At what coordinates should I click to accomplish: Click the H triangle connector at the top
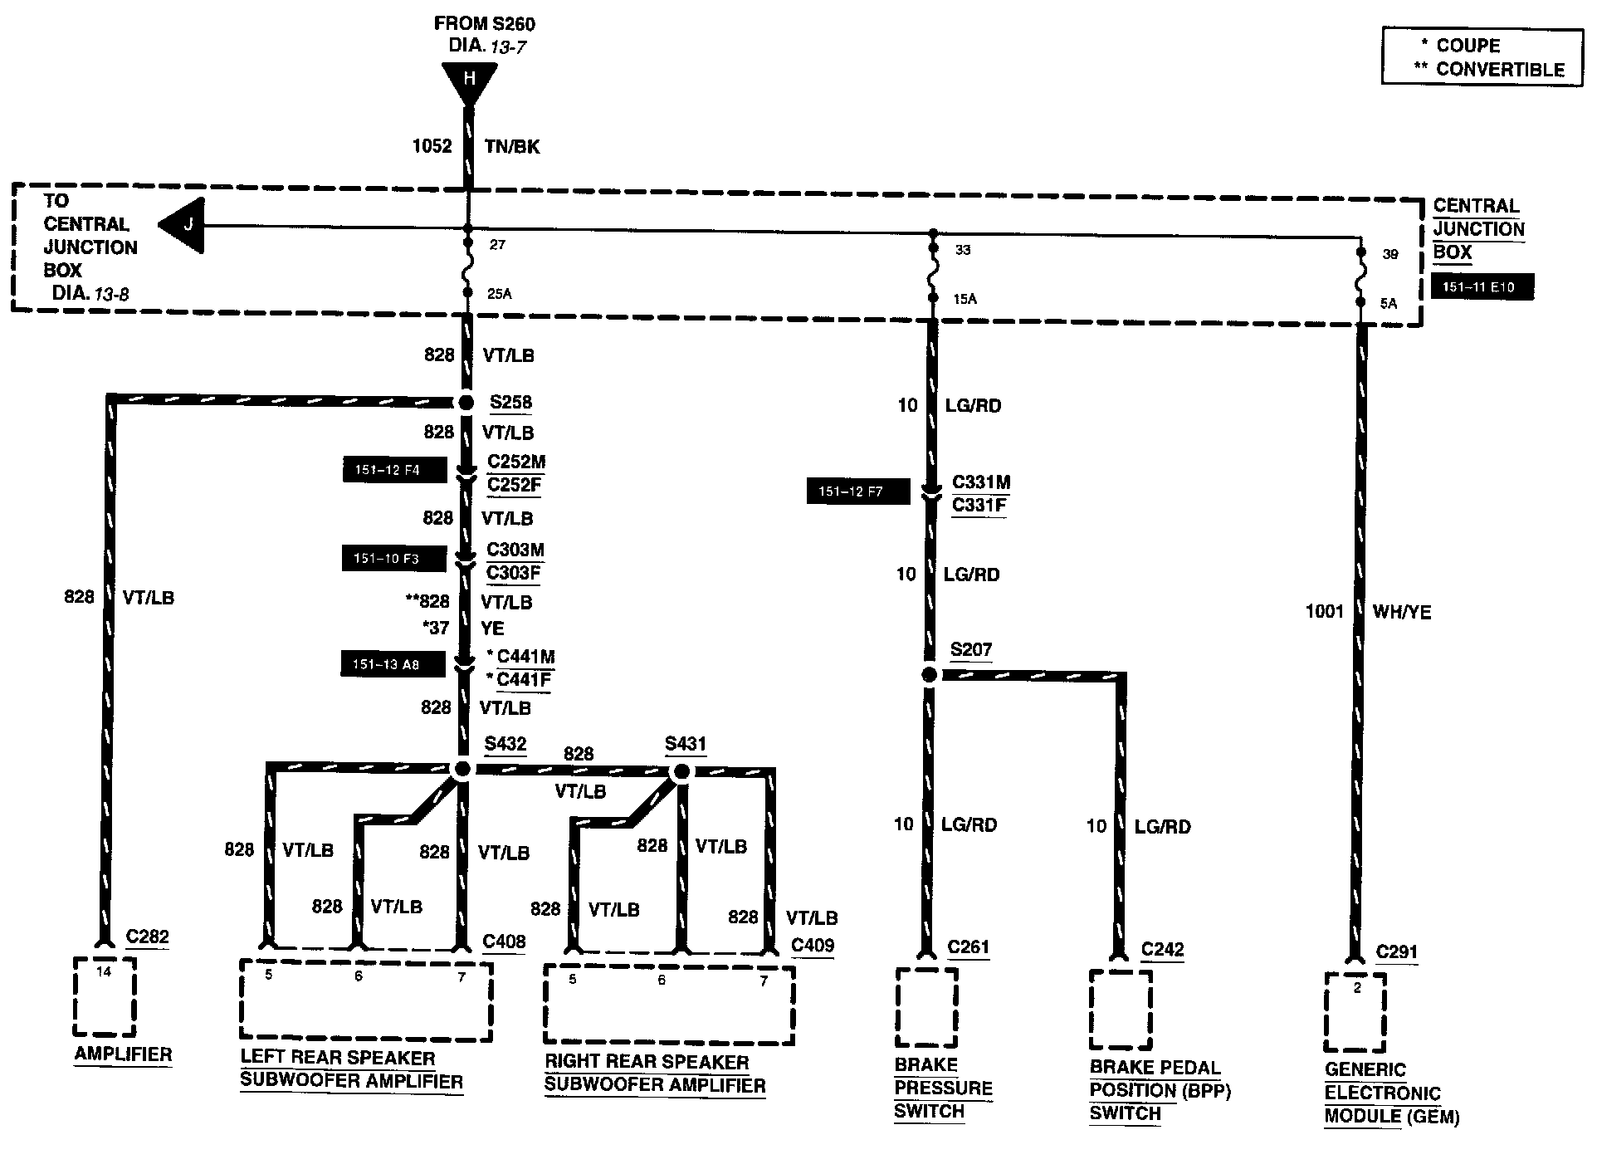pos(469,81)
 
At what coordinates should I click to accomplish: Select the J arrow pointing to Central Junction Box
pos(184,225)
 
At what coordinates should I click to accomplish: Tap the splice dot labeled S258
pos(466,403)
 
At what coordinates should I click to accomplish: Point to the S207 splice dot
pos(930,675)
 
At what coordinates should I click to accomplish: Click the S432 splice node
pos(462,770)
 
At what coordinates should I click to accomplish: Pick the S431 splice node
pos(681,772)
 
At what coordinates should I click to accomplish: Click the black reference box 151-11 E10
pos(1482,287)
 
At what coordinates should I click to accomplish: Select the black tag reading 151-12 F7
pos(857,492)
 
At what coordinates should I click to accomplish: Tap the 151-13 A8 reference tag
pos(392,664)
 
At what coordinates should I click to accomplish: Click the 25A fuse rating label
pos(499,293)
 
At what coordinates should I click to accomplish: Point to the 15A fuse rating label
pos(965,299)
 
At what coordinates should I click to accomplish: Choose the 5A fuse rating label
pos(1388,304)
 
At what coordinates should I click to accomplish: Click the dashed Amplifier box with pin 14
pos(104,996)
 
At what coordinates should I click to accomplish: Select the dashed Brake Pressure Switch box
pos(926,1007)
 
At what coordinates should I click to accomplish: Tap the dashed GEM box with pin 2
pos(1355,1012)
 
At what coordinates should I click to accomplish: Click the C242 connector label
pos(1162,949)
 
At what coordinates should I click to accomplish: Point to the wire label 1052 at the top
pos(432,147)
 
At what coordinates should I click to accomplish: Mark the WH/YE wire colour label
pos(1402,612)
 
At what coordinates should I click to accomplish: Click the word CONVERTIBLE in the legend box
pos(1500,70)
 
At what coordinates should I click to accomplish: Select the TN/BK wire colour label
pos(512,147)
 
